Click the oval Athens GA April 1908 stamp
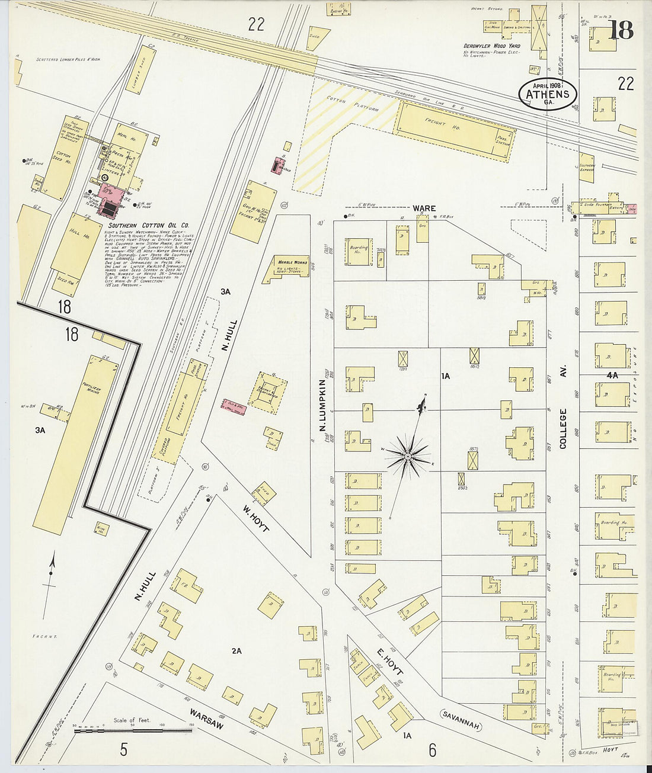(547, 94)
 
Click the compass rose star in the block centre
(408, 457)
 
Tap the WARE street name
(424, 209)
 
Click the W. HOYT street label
(255, 518)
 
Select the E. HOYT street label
(390, 663)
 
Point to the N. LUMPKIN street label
(324, 406)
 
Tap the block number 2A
(236, 651)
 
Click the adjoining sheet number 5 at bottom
(123, 750)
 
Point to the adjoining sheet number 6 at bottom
(432, 750)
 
